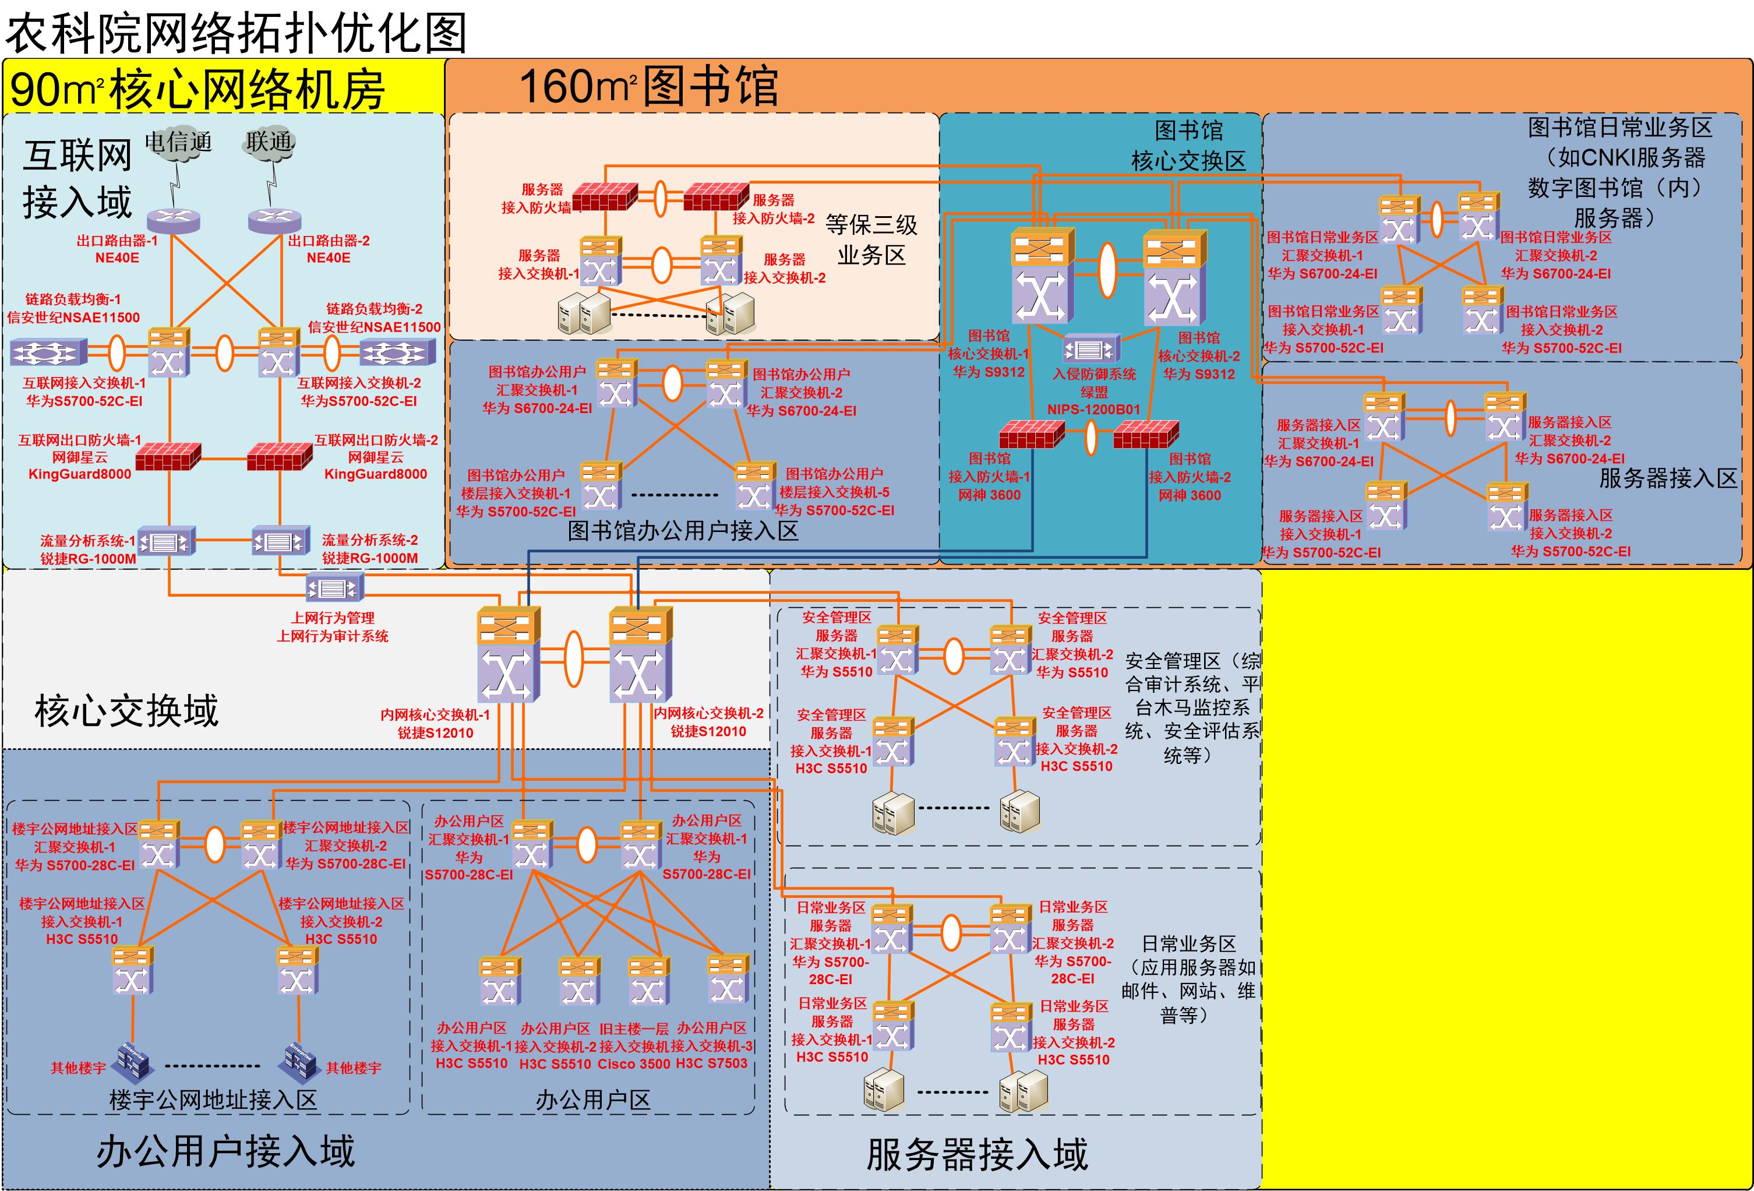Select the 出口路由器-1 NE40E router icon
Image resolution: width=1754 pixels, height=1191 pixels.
[x=174, y=220]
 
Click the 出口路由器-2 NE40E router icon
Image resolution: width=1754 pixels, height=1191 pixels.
[x=275, y=220]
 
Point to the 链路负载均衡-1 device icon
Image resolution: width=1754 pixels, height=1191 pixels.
[x=48, y=353]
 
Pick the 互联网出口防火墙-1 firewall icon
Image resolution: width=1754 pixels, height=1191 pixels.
[x=168, y=457]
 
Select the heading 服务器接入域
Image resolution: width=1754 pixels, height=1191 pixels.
[x=977, y=1155]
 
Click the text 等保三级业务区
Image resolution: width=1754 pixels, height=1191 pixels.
[x=871, y=239]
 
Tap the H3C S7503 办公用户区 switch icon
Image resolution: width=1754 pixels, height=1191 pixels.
[x=728, y=979]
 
